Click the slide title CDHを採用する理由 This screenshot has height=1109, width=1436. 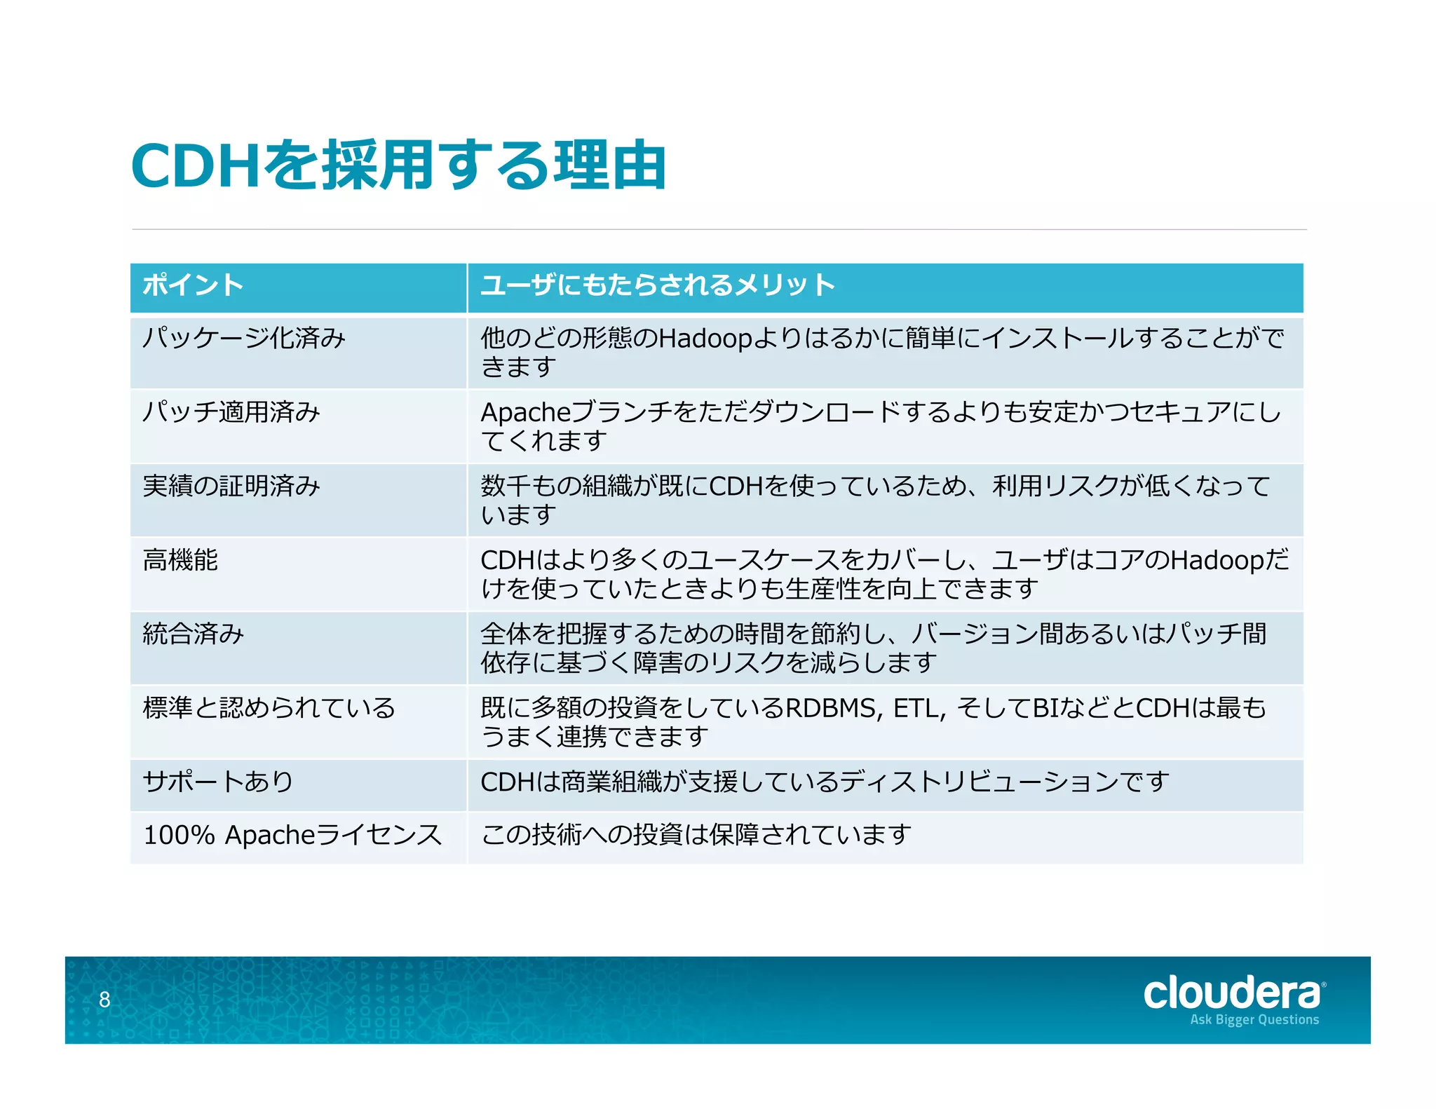[398, 165]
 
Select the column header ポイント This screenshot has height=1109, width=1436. [193, 285]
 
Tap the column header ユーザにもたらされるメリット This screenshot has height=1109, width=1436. [658, 285]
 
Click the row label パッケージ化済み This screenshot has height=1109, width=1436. [244, 339]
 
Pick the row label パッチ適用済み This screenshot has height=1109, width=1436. [231, 412]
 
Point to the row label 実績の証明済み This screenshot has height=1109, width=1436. [231, 486]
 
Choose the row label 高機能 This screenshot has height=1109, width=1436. [180, 560]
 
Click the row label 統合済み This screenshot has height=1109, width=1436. [194, 634]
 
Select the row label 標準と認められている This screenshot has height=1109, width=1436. [269, 708]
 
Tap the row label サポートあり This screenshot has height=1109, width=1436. [218, 782]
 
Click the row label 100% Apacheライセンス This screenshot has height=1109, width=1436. [292, 835]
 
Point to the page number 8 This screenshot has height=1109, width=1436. [104, 1000]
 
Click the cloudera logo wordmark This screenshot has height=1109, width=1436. [1232, 993]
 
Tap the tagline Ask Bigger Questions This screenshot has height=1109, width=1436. [1254, 1020]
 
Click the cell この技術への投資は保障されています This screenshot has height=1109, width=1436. [696, 835]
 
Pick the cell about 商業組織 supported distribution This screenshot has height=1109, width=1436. [825, 782]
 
